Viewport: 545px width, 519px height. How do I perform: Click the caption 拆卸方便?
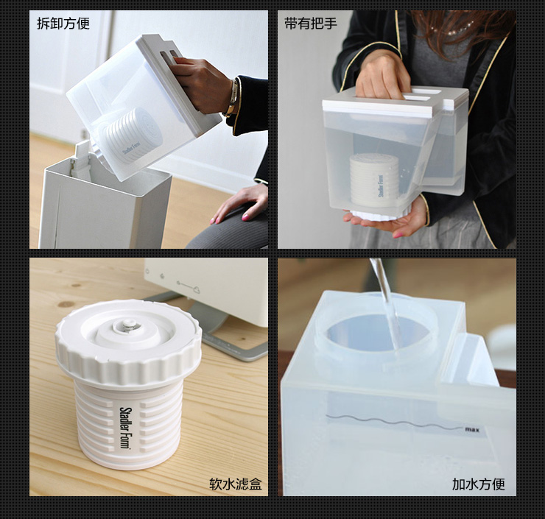click(63, 24)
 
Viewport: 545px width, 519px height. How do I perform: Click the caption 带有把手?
click(311, 24)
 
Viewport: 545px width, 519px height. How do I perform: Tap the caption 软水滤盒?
click(236, 484)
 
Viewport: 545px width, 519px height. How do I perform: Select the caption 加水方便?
click(478, 484)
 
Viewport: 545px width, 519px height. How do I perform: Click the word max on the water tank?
click(472, 430)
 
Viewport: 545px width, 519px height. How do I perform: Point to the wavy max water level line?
click(395, 422)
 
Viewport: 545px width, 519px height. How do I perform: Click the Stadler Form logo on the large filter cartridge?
click(124, 428)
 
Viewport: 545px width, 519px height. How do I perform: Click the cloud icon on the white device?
click(196, 289)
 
